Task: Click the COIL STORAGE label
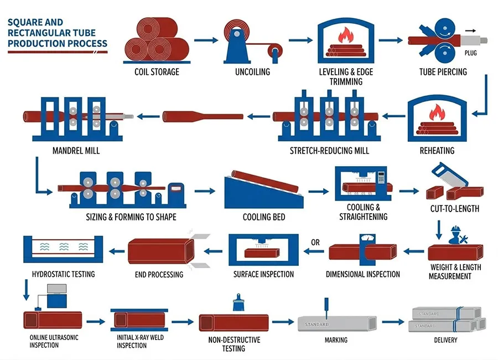[157, 72]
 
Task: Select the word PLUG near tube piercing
[471, 54]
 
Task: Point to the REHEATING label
[437, 150]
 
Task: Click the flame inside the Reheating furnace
[437, 114]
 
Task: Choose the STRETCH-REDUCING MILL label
[329, 150]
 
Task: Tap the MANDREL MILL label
[76, 150]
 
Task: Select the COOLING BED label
[264, 217]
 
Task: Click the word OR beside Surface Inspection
[315, 242]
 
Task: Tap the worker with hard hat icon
[457, 235]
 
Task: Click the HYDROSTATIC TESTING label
[63, 274]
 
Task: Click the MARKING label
[336, 340]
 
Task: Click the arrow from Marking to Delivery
[393, 321]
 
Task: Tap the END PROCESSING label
[159, 274]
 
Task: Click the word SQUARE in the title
[24, 23]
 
